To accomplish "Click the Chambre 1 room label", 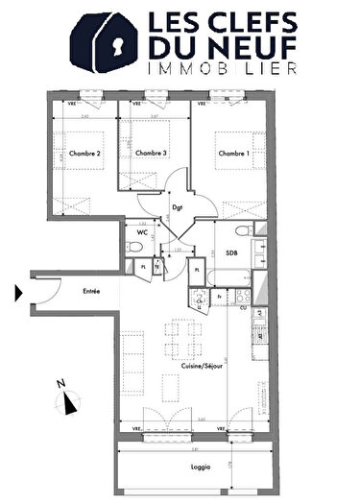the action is click(232, 154).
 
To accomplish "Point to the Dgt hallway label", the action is click(177, 206).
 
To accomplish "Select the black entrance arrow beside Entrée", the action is click(19, 293).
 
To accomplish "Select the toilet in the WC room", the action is click(131, 249).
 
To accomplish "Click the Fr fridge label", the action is click(220, 298).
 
